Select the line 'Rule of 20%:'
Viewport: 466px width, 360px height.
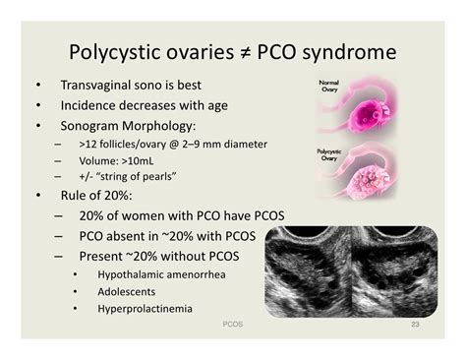click(x=103, y=197)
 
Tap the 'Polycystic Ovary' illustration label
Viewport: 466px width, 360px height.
click(x=329, y=156)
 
